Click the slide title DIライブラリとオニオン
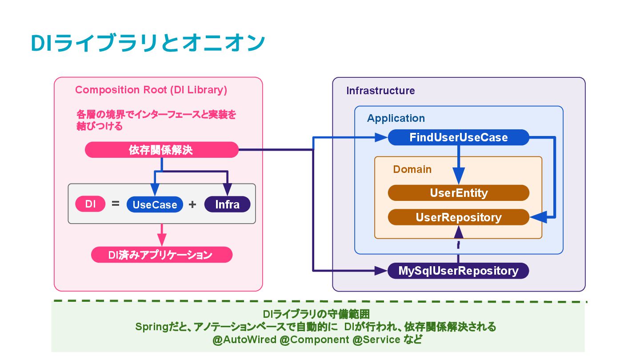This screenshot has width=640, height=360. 148,43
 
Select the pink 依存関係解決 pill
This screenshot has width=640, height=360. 162,150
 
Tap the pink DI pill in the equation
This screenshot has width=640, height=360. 90,204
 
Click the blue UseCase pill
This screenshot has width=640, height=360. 155,204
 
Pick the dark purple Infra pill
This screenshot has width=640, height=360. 228,204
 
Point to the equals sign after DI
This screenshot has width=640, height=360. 116,204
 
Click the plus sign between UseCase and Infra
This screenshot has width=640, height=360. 192,204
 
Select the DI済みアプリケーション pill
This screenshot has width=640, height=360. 162,255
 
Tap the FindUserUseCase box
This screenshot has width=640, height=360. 459,137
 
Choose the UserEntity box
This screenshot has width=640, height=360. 459,193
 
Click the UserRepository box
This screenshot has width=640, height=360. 459,217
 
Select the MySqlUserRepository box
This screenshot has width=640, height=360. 458,271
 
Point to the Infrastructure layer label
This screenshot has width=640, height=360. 380,91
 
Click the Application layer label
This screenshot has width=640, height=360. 396,118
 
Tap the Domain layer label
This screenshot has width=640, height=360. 412,169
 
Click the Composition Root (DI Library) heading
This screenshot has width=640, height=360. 151,90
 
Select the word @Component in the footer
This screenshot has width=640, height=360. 314,340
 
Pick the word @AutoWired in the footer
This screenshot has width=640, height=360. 244,340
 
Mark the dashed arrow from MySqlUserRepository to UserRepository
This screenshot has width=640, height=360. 459,244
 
